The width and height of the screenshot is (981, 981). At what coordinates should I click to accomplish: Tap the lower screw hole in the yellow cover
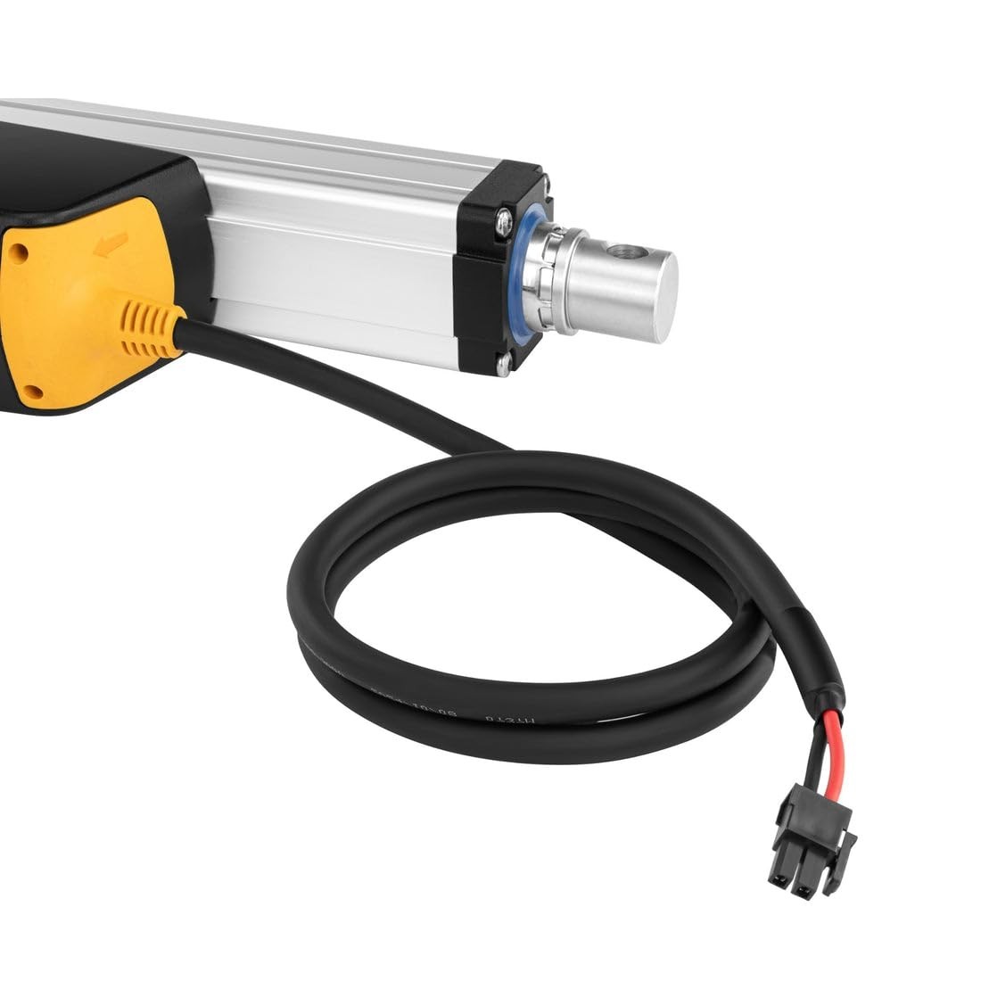[33, 391]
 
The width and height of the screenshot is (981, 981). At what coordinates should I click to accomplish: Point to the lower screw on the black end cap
[506, 361]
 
